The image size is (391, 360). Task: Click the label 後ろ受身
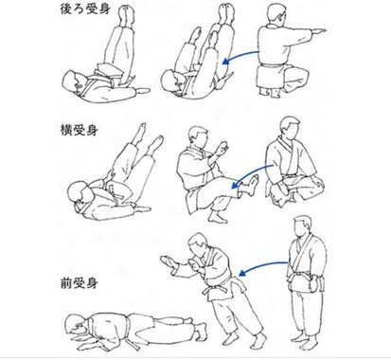click(85, 9)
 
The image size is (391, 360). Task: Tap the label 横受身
click(79, 131)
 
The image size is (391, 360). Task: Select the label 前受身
click(79, 283)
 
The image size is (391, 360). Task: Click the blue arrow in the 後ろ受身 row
click(240, 55)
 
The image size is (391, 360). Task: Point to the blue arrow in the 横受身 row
click(251, 174)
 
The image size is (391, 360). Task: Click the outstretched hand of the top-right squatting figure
click(318, 31)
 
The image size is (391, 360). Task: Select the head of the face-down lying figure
click(75, 326)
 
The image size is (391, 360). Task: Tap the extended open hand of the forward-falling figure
click(168, 261)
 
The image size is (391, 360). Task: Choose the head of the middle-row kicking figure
click(198, 137)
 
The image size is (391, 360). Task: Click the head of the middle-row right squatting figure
click(290, 128)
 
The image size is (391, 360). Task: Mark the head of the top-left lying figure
click(72, 81)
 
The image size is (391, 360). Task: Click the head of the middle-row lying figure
click(79, 192)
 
